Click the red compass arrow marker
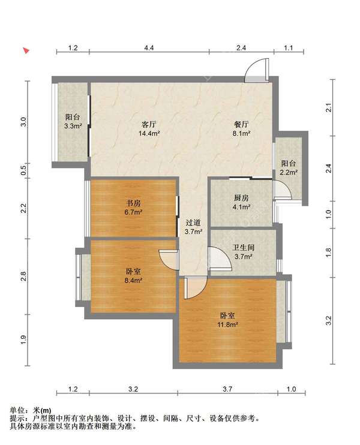point(26,51)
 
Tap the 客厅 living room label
point(148,124)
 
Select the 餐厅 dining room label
point(241,124)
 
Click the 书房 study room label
point(133,203)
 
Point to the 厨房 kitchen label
point(241,198)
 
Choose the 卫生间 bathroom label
point(244,248)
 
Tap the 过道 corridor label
point(193,222)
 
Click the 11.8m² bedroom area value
point(227,324)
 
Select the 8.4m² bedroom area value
point(133,281)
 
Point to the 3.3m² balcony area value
point(73,126)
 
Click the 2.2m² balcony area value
point(289,172)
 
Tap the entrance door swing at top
point(257,70)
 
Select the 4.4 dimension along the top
point(149,48)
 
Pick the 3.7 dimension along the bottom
point(227,389)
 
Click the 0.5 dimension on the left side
point(24,170)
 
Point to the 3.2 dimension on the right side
point(328,321)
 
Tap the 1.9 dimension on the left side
point(24,340)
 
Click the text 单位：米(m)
point(31,410)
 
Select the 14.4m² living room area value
point(149,133)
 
